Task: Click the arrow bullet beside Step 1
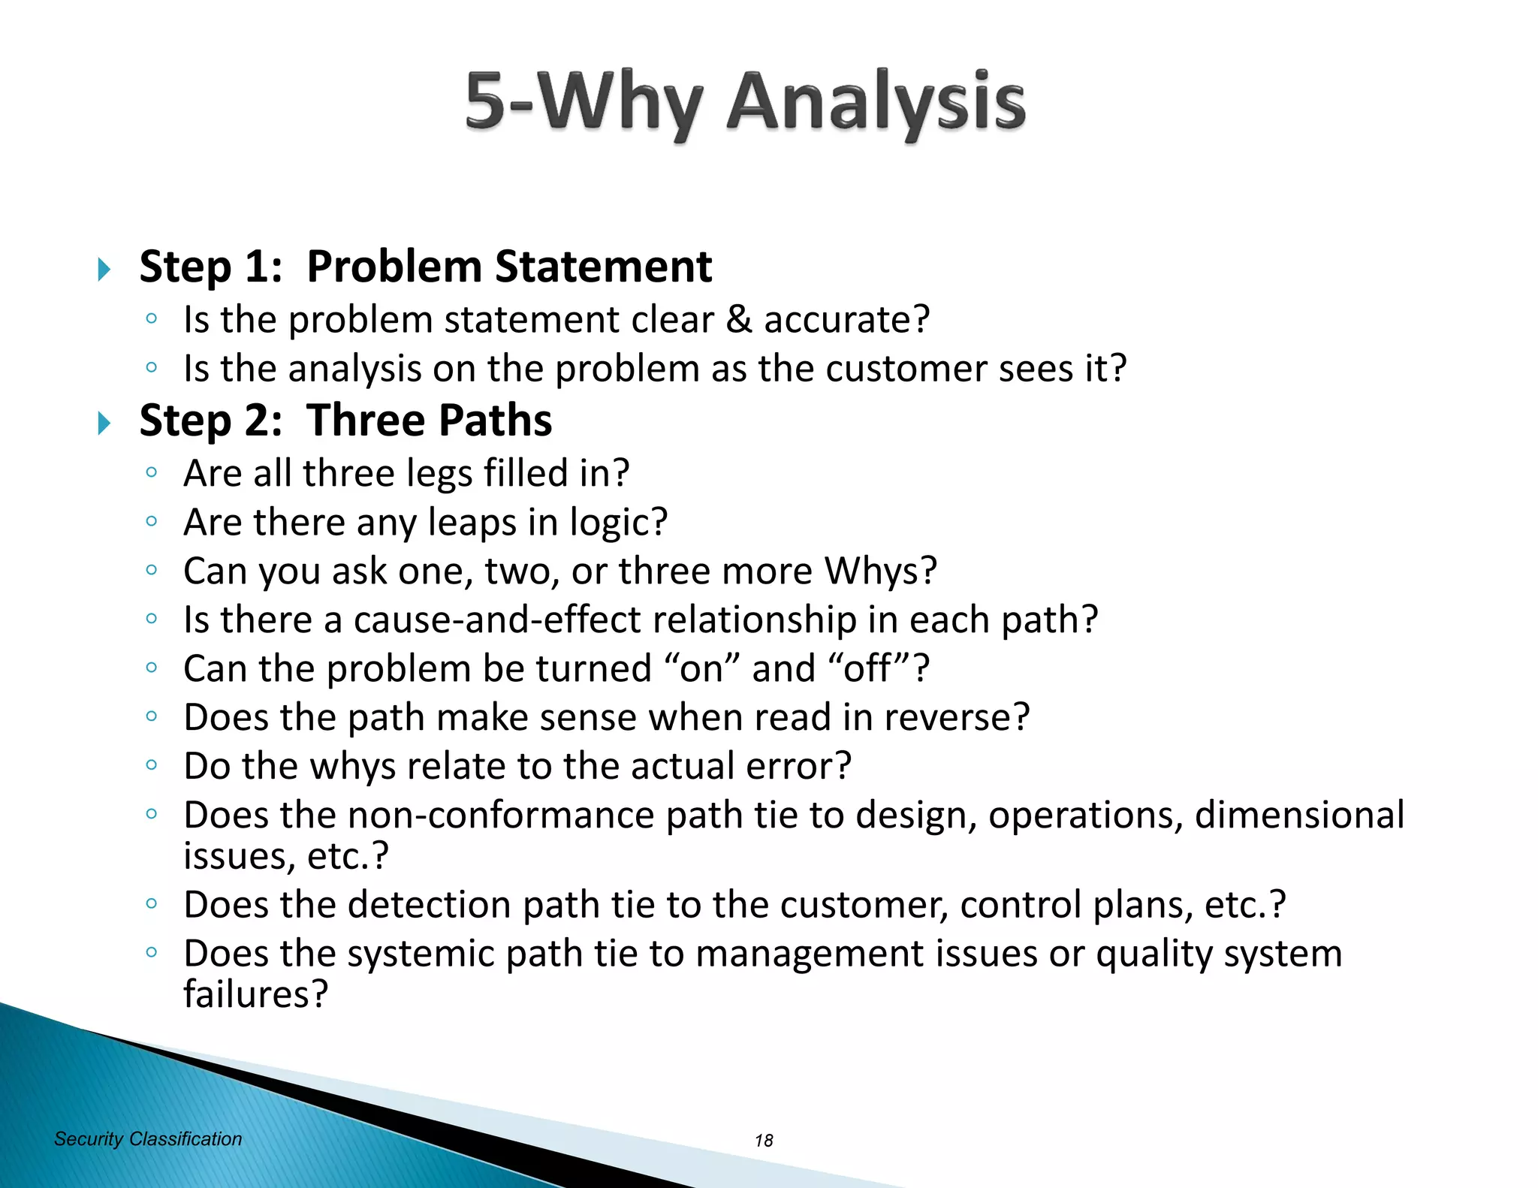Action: pos(104,269)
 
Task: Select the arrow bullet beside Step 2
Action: pos(104,423)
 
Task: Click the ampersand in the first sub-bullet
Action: pos(739,320)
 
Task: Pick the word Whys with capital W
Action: pos(880,571)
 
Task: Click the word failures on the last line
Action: pos(255,994)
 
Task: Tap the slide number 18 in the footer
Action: pos(764,1141)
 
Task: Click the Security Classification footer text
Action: pos(148,1139)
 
